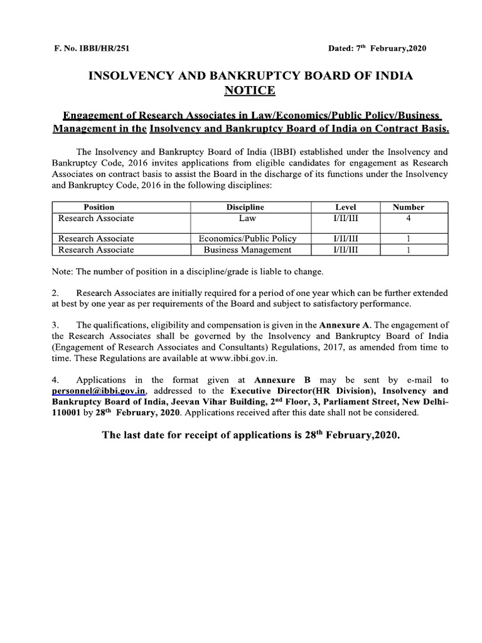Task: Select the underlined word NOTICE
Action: click(250, 91)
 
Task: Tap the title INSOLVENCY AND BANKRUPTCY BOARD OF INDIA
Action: click(250, 76)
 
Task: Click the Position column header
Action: click(99, 207)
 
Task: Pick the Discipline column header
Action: click(245, 207)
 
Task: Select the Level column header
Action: click(345, 207)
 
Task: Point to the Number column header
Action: click(408, 207)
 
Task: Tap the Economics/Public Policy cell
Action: click(247, 239)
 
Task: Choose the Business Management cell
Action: click(247, 250)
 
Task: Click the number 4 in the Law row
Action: click(408, 219)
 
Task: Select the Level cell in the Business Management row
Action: click(345, 250)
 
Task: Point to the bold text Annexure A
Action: click(345, 325)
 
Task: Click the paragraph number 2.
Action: click(55, 293)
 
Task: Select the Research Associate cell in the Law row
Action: click(96, 219)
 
